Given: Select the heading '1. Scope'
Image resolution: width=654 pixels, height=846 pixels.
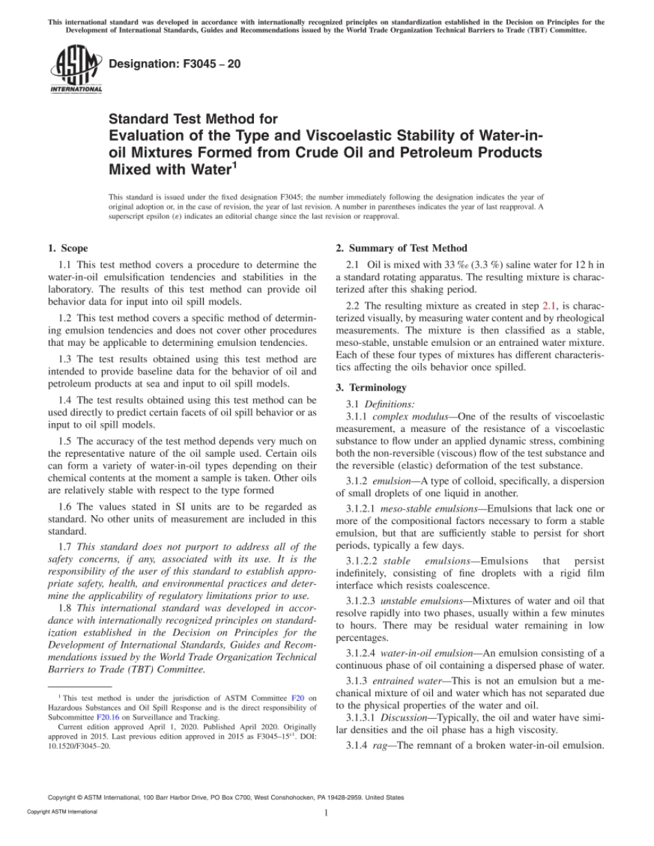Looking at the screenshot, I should coord(67,248).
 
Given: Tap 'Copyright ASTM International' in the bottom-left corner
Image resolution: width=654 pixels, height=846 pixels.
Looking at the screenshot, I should coord(62,812).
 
